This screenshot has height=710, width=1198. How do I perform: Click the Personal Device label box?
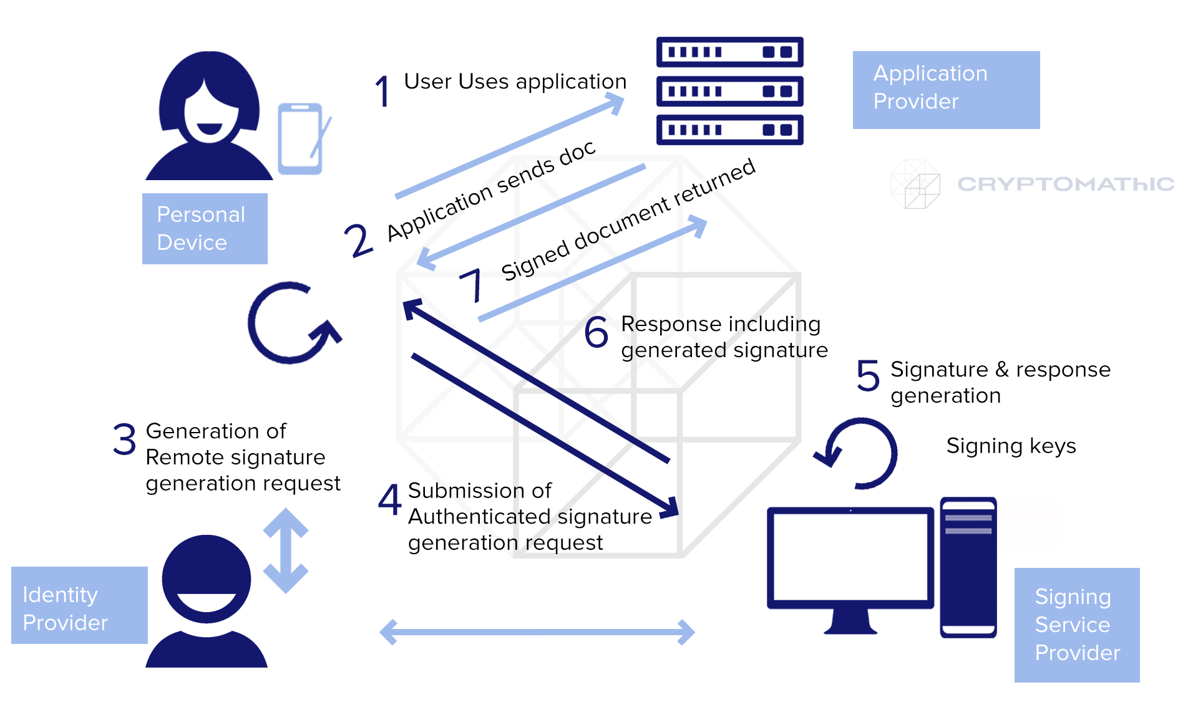pos(205,228)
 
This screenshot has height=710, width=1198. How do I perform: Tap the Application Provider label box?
pos(946,90)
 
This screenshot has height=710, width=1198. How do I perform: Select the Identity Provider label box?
pos(79,605)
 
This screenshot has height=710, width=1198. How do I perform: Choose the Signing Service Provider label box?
pos(1077,625)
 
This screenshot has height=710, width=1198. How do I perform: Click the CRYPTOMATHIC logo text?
pos(1066,184)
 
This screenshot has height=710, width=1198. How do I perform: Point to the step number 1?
pos(382,91)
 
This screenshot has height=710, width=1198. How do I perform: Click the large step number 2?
pos(358,240)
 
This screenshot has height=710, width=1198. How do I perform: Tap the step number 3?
pos(124,439)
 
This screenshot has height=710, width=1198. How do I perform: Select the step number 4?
pos(390,499)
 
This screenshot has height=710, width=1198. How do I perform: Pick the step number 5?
pos(868,375)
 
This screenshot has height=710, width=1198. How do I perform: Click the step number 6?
pos(596,332)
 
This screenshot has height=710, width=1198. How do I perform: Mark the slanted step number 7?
pos(471,284)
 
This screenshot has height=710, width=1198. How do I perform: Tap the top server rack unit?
pos(729,52)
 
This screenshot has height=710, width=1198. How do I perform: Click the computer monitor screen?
pos(850,557)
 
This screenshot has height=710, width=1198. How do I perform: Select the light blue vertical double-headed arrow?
pos(286,550)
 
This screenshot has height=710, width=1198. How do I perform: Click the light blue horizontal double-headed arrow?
pos(537,632)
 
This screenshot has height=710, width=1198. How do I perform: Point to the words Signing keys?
pos(1011,446)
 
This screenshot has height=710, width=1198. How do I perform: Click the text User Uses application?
pos(515,82)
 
